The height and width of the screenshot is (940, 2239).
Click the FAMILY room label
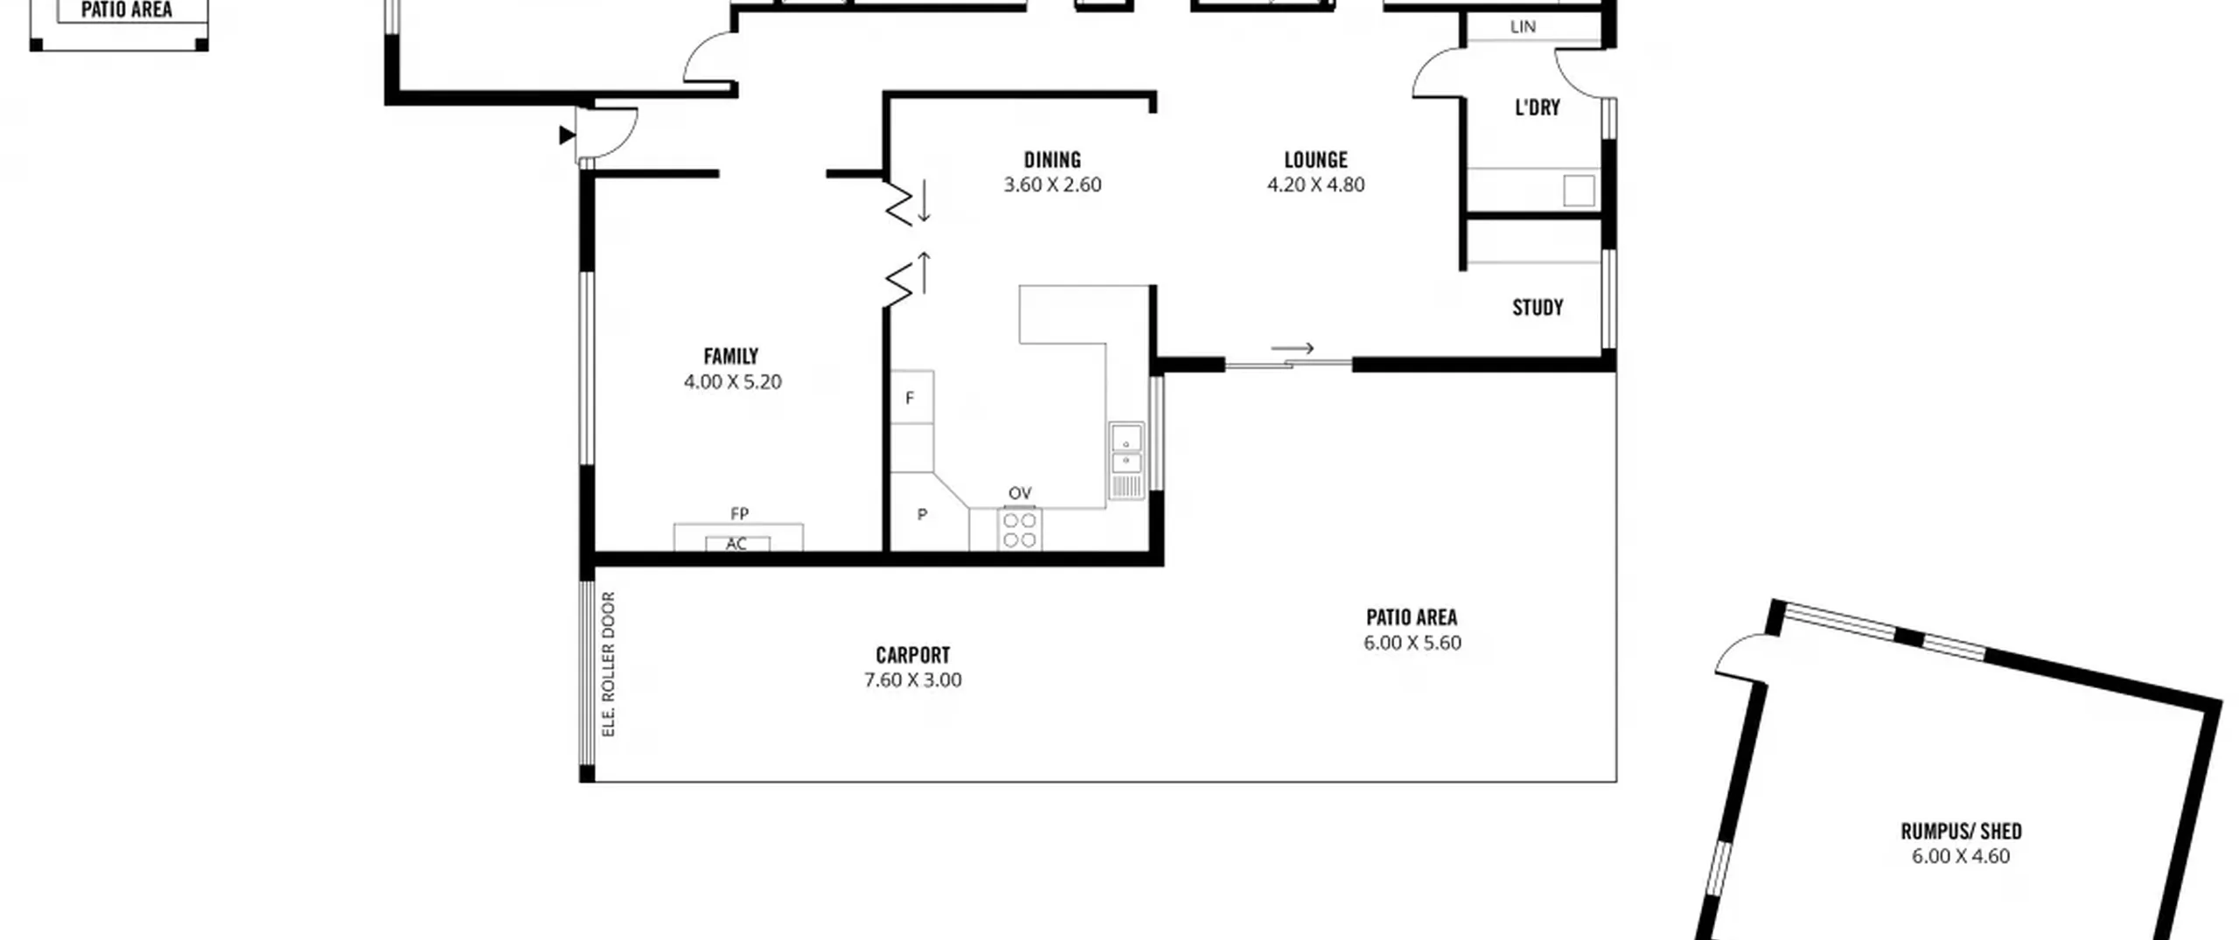730,357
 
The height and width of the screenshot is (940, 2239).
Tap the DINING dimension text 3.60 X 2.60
1052,185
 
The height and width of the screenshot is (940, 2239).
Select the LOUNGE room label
1315,160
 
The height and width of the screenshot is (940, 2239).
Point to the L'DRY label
1537,108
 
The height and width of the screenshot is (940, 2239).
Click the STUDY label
1538,308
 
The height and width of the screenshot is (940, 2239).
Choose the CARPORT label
912,655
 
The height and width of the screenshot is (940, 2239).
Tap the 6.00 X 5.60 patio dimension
1412,643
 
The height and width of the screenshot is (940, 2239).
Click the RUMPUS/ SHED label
1961,831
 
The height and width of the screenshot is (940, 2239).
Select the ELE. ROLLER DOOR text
609,665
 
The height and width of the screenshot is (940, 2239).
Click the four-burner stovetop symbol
1019,530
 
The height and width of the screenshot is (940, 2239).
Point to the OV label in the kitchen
1020,493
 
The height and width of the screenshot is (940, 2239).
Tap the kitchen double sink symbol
1126,461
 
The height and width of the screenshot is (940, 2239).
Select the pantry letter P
922,515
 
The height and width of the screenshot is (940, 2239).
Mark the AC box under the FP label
737,544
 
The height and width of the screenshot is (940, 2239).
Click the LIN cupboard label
1523,27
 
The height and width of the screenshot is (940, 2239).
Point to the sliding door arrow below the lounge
1293,348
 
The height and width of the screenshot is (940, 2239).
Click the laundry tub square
1579,191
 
